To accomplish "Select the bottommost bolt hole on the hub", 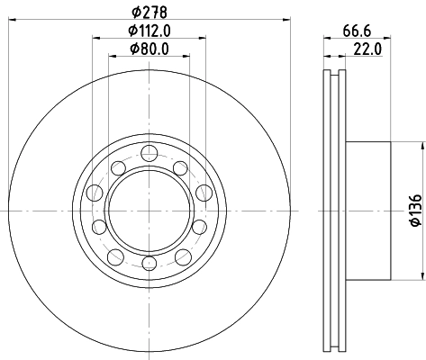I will pyautogui.click(x=148, y=262).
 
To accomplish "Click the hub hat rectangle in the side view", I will pyautogui.click(x=369, y=209).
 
